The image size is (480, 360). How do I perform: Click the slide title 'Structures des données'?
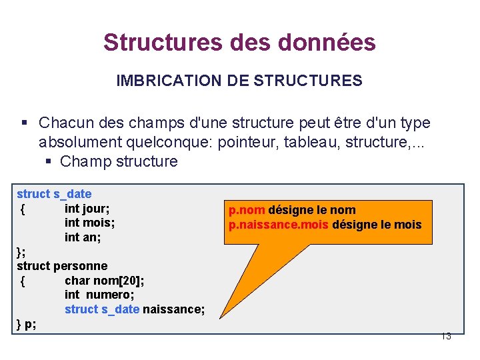click(x=239, y=43)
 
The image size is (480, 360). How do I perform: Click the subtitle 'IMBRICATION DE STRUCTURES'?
click(x=239, y=81)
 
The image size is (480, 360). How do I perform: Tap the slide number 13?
click(x=446, y=336)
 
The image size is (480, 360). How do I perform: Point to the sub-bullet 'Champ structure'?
click(x=119, y=161)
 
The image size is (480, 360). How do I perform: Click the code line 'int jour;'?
click(x=87, y=208)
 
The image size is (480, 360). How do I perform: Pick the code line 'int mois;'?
click(x=89, y=223)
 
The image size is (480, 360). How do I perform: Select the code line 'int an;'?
click(x=83, y=237)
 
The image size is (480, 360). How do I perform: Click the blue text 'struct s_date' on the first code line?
click(x=54, y=194)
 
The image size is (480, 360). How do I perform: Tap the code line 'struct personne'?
click(x=62, y=266)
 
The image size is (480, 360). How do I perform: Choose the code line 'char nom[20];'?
click(x=104, y=281)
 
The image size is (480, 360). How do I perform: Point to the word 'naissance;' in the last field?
click(x=173, y=309)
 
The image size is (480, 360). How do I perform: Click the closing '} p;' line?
click(x=27, y=324)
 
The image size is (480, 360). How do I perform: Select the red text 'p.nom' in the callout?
click(x=247, y=211)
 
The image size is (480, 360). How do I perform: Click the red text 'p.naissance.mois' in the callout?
click(x=278, y=225)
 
